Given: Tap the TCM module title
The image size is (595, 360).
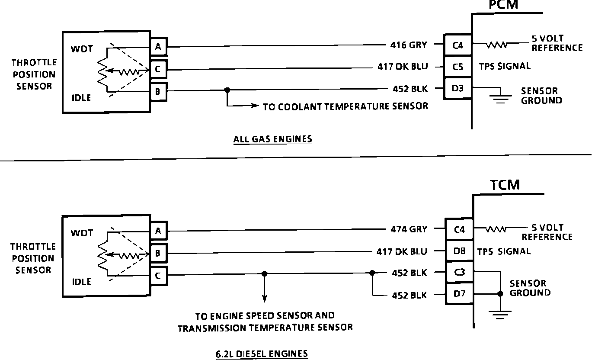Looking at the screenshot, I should (505, 185).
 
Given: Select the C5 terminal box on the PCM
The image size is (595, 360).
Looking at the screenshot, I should (458, 67).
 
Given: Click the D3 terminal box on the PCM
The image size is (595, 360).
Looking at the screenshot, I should (458, 89).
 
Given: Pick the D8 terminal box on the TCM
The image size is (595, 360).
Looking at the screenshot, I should (459, 251).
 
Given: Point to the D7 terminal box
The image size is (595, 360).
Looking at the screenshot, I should (459, 295).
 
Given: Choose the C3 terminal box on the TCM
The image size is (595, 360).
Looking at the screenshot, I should (459, 273).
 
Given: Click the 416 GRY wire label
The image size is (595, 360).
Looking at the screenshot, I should (407, 45).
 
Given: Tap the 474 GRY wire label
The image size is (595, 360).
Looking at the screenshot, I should (408, 229).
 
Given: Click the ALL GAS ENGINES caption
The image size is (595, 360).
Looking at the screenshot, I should (272, 139).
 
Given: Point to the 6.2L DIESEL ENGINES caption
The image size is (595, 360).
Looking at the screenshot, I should (262, 354).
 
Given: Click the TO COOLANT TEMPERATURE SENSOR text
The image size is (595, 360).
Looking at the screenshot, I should (345, 106).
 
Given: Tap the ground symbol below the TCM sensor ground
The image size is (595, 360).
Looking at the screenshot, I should (500, 314).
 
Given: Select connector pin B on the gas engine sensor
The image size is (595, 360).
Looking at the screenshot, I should (158, 92).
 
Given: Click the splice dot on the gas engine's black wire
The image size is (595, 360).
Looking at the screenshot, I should (226, 90).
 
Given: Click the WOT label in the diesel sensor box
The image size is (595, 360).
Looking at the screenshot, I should (82, 233).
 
